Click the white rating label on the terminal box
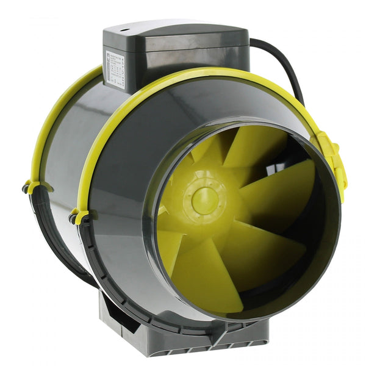[114, 68]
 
